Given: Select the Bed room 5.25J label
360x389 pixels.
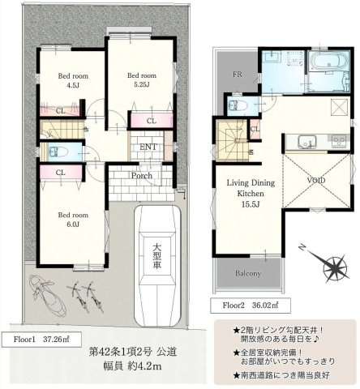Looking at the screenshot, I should pyautogui.click(x=141, y=79).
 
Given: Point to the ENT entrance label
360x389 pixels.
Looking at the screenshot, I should pyautogui.click(x=148, y=147).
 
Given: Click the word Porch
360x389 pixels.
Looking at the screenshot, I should pyautogui.click(x=143, y=174).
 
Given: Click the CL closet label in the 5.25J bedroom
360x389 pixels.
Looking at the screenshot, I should pyautogui.click(x=152, y=121).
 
